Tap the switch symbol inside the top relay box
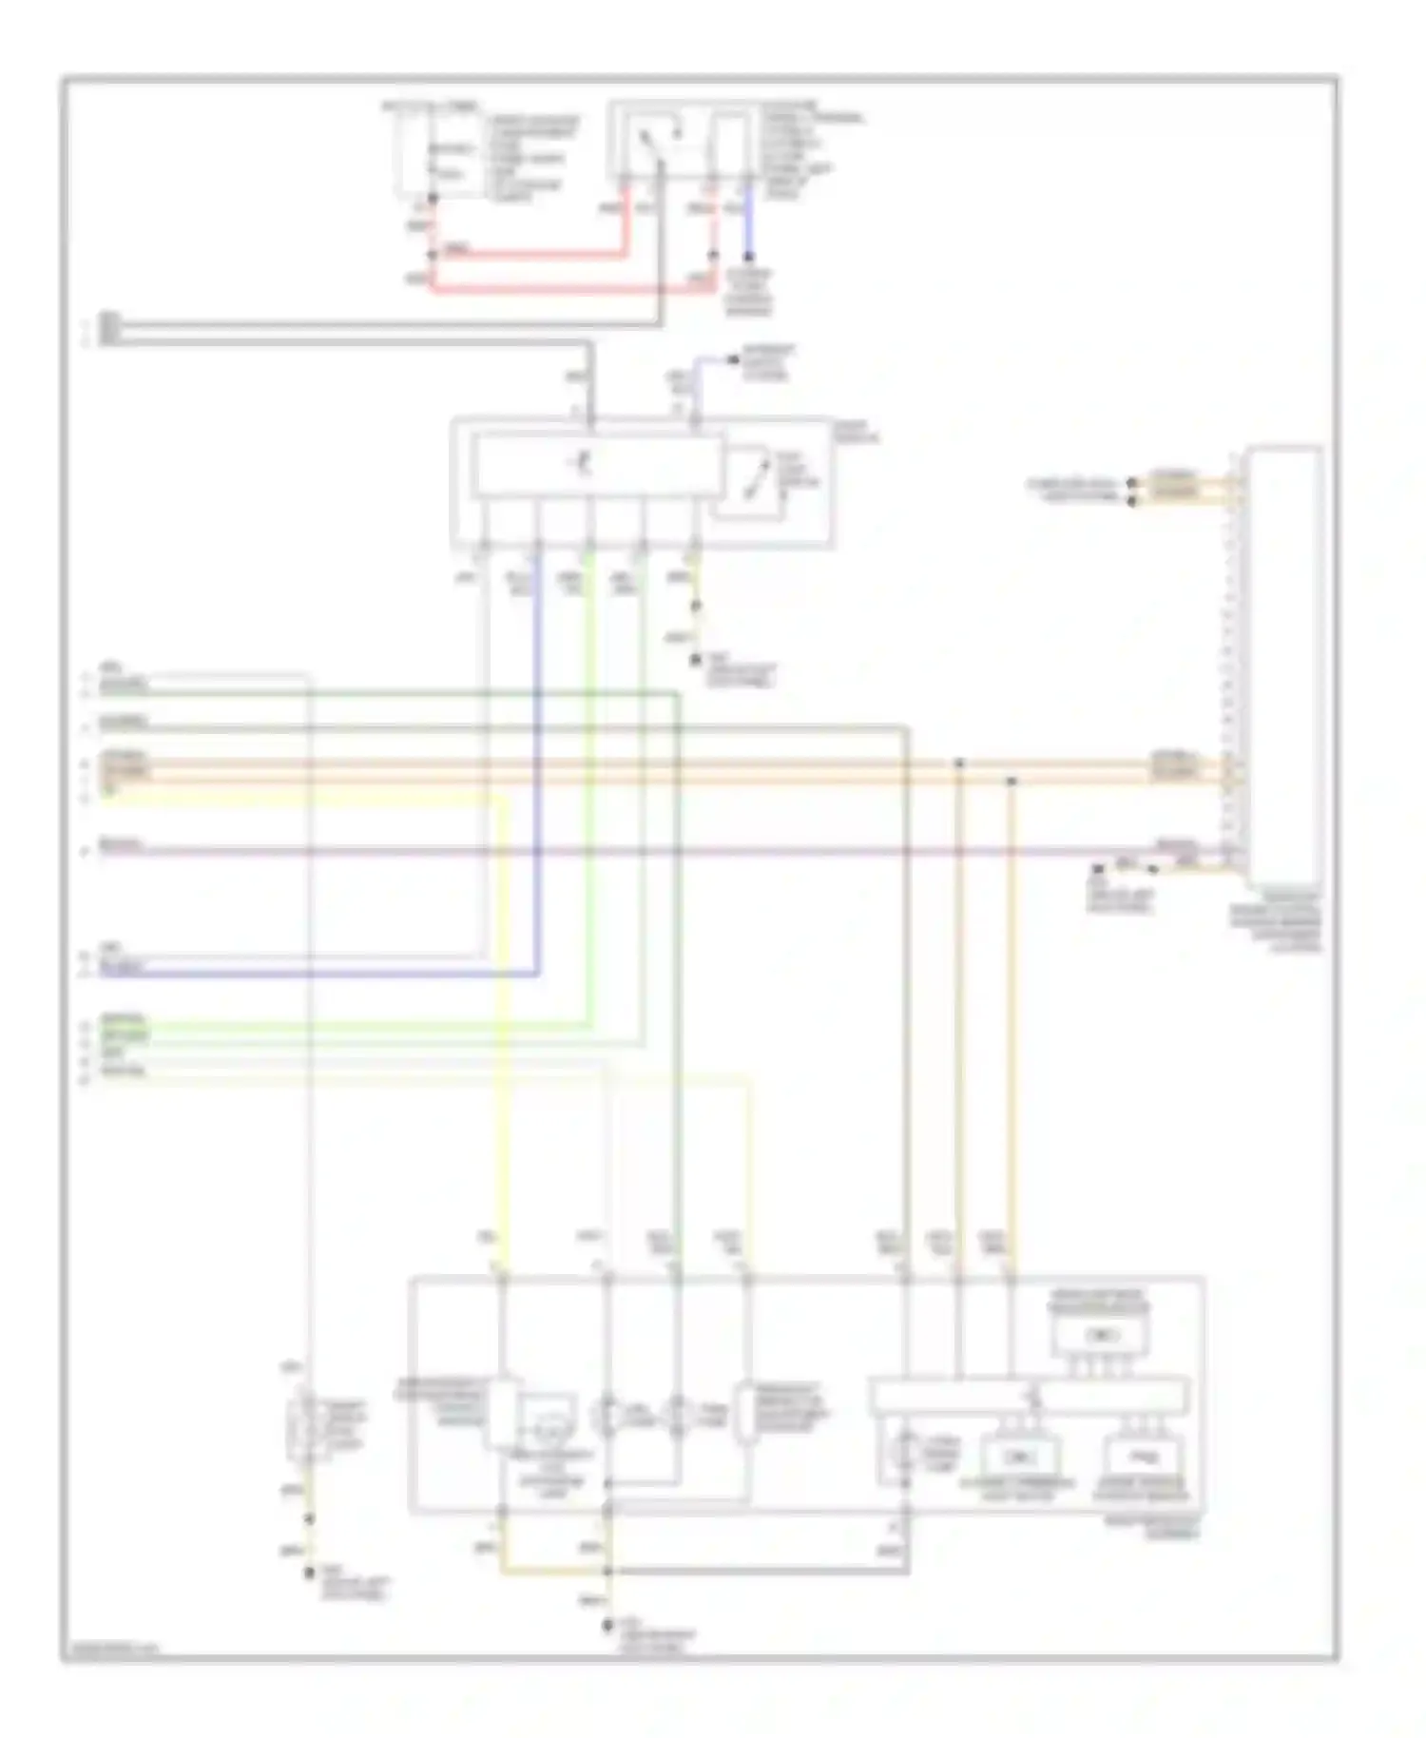(x=649, y=143)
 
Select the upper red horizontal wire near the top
(x=532, y=255)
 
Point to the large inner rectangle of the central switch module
(x=594, y=465)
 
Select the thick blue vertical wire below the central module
(x=537, y=761)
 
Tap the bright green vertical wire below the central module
(x=589, y=808)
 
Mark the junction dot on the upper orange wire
(x=959, y=763)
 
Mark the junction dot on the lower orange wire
(x=1011, y=781)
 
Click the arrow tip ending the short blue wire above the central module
(x=733, y=358)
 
